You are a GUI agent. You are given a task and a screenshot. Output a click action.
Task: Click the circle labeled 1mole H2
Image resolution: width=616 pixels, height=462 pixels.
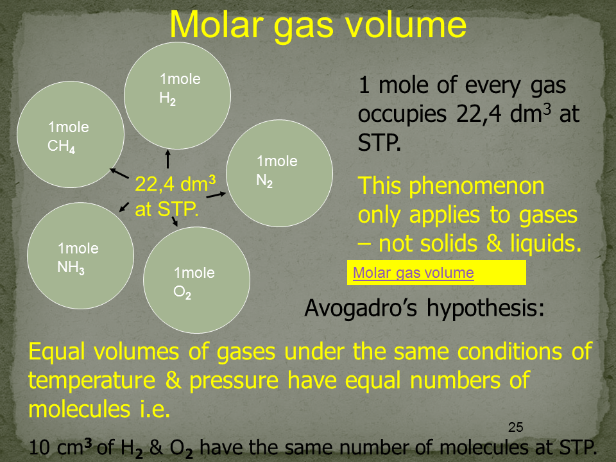[x=177, y=96]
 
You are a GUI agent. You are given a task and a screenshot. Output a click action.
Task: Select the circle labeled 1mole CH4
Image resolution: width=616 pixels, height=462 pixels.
[x=71, y=134]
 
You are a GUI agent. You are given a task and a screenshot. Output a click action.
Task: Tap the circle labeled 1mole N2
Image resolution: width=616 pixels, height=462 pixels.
[x=279, y=173]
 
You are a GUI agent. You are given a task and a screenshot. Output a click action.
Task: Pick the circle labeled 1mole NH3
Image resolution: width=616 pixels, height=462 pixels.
[x=81, y=256]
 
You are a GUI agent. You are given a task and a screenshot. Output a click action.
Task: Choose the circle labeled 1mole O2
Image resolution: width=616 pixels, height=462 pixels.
[x=196, y=280]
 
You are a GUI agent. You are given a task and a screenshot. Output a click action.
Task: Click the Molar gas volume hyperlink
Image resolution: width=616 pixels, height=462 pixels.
[x=413, y=273]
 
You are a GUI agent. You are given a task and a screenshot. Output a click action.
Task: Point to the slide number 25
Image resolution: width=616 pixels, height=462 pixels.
[x=515, y=427]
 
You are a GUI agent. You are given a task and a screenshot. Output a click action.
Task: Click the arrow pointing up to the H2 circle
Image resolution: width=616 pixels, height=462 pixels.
[x=168, y=159]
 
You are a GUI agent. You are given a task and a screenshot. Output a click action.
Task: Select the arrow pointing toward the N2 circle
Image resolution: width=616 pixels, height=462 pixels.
[x=216, y=194]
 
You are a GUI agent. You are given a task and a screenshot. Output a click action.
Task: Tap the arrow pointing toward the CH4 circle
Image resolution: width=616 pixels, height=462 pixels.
[x=119, y=174]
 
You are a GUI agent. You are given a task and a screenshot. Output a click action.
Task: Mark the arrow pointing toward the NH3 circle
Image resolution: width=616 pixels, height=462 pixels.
[x=124, y=207]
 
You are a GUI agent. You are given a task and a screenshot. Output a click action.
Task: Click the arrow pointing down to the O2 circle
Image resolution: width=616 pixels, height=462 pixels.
[x=175, y=221]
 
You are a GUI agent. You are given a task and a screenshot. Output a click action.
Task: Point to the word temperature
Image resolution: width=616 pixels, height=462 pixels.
[x=92, y=381]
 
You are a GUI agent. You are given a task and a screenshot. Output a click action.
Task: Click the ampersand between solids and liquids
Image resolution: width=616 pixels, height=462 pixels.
[x=494, y=244]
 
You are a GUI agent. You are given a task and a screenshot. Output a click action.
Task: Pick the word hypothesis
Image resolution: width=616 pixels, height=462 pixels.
[x=486, y=309]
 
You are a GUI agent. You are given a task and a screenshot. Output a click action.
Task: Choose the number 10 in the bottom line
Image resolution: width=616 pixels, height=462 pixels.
[x=39, y=447]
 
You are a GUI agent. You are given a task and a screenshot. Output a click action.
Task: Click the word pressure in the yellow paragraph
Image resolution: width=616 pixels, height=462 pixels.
[x=234, y=381]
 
